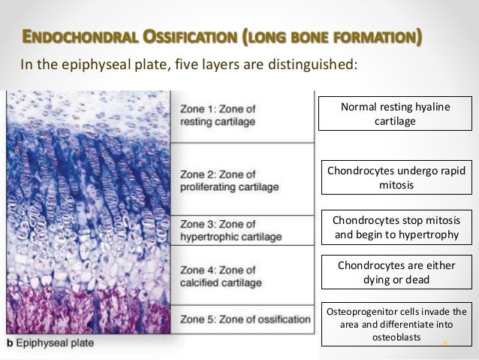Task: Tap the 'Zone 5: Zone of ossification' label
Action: pyautogui.click(x=245, y=319)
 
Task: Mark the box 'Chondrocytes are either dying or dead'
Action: pyautogui.click(x=395, y=272)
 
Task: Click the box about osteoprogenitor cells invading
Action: pyautogui.click(x=395, y=325)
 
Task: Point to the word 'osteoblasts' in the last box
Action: pyautogui.click(x=396, y=338)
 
